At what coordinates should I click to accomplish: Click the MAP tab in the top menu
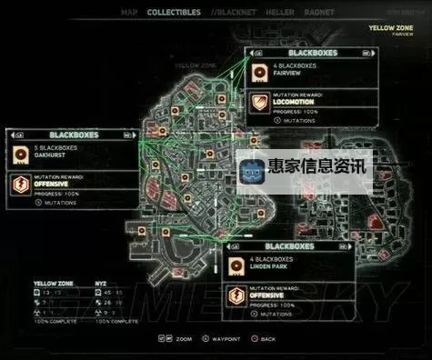click(129, 13)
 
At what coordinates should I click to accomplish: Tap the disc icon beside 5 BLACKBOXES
click(22, 151)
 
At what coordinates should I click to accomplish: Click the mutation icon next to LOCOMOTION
click(258, 102)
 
